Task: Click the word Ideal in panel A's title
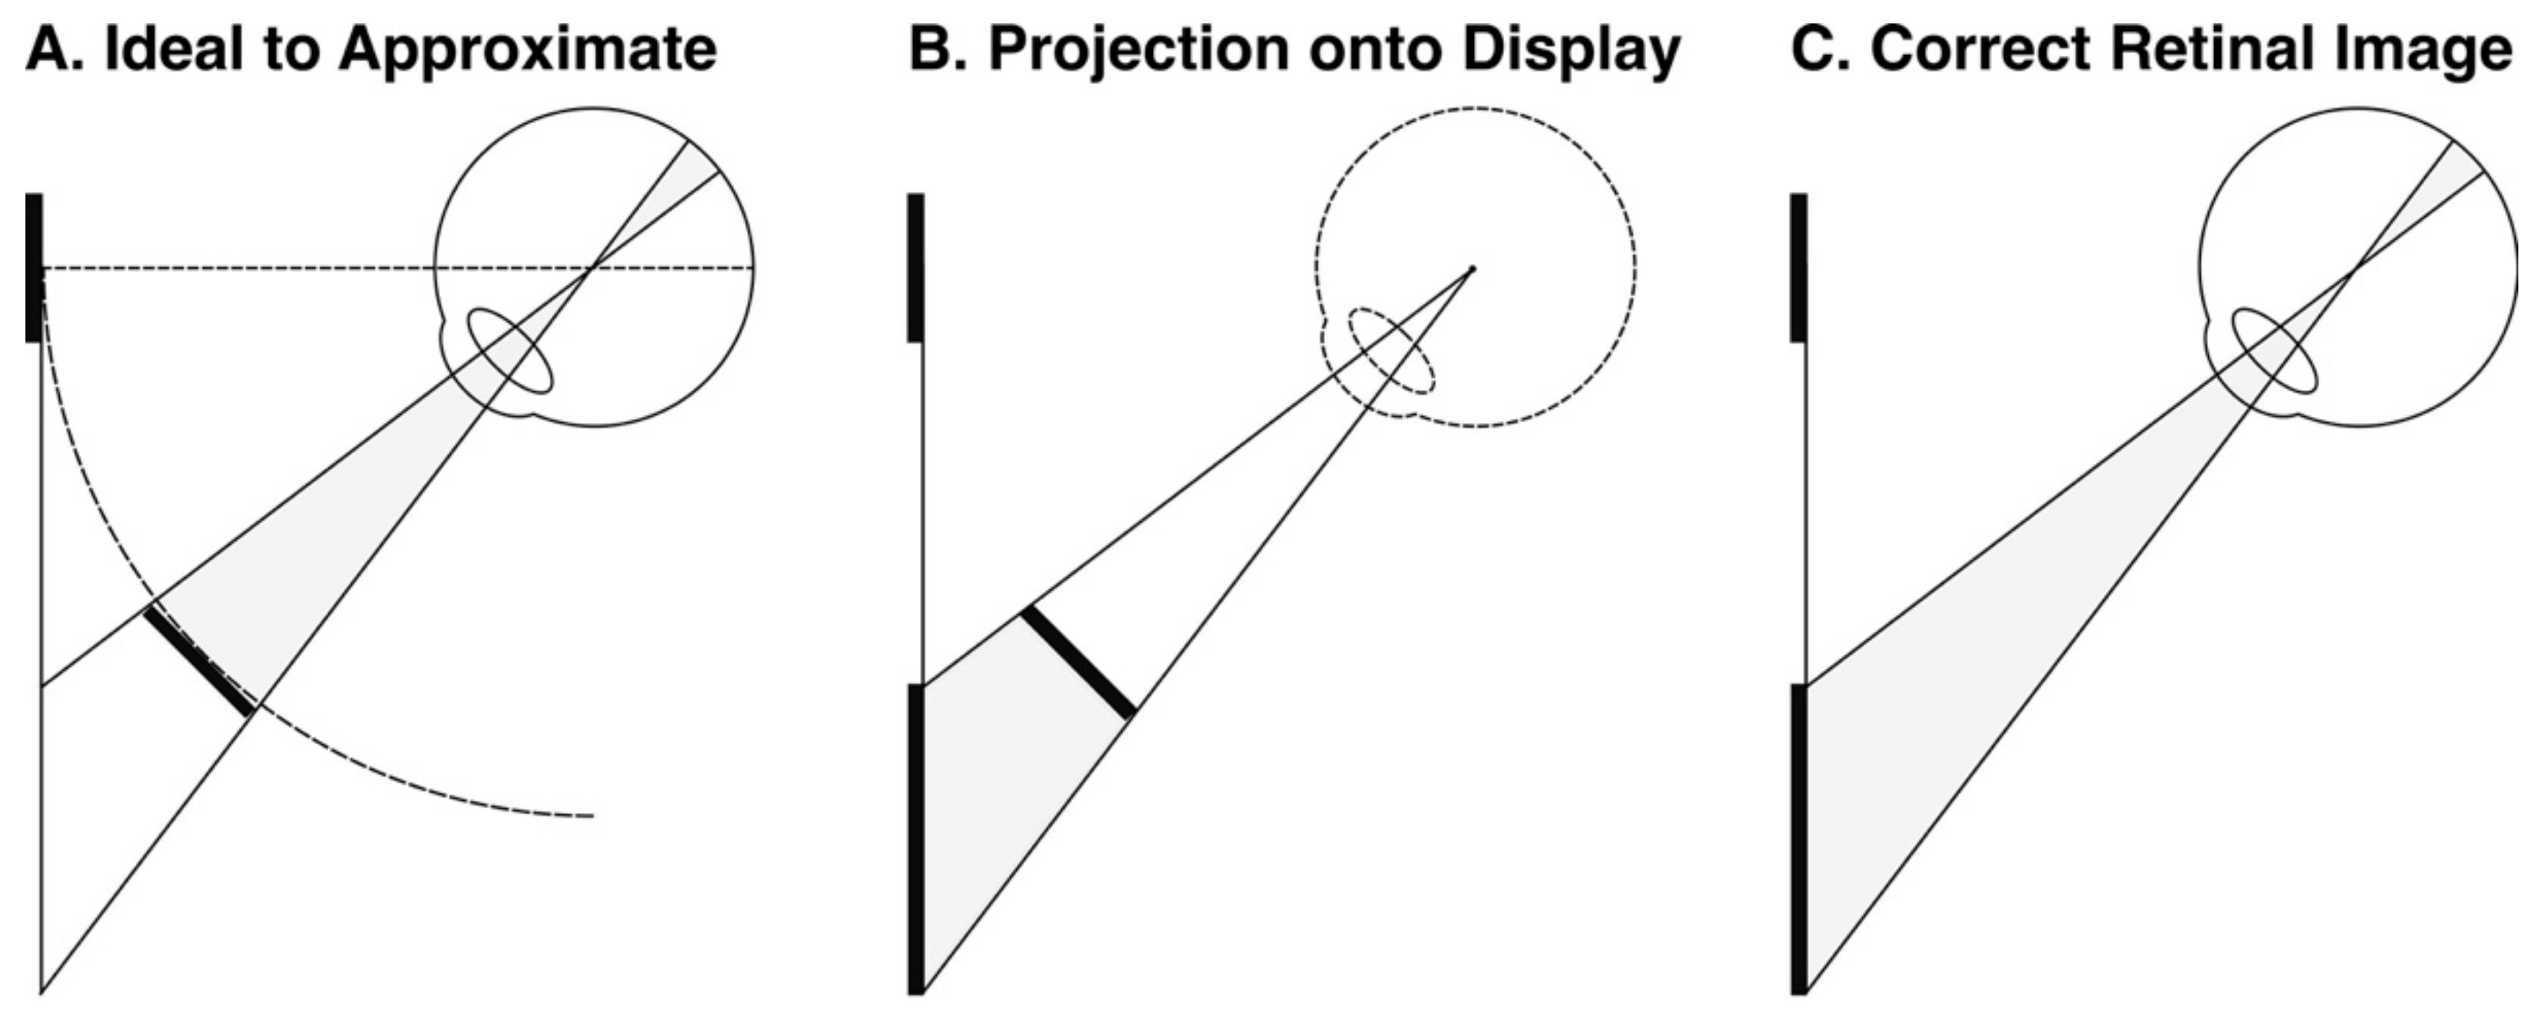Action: pyautogui.click(x=162, y=49)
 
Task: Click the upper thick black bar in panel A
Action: pyautogui.click(x=33, y=267)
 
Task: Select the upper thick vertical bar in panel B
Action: pyautogui.click(x=916, y=267)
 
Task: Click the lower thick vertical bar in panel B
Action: pyautogui.click(x=916, y=838)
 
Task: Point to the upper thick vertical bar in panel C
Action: pyautogui.click(x=1799, y=267)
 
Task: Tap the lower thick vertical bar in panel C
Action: pyautogui.click(x=1799, y=838)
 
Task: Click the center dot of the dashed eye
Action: pyautogui.click(x=1473, y=267)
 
